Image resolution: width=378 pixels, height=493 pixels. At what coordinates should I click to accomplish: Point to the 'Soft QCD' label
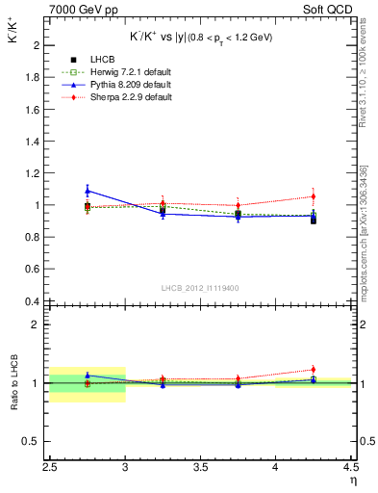328,10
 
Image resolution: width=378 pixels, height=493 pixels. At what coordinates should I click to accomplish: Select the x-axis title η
353,479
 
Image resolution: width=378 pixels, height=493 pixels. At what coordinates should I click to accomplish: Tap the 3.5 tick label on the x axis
200,467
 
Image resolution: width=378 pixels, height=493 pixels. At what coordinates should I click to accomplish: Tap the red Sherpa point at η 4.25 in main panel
313,196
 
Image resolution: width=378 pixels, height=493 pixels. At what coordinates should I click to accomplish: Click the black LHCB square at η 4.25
313,220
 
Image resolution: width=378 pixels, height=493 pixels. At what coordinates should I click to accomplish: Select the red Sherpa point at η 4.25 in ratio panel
313,370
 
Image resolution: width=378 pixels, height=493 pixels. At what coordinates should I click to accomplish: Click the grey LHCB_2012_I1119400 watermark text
200,288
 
